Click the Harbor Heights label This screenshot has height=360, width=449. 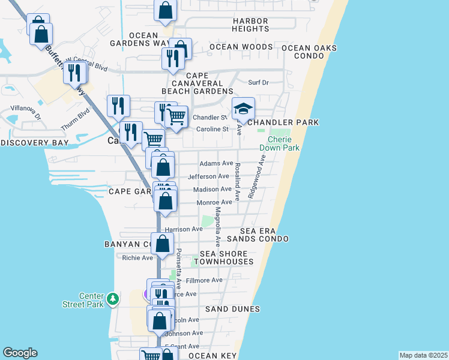(251, 25)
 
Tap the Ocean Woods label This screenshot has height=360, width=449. (241, 47)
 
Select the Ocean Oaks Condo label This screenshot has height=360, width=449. (309, 52)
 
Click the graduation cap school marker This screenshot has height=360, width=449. (243, 109)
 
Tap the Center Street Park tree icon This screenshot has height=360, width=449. (112, 298)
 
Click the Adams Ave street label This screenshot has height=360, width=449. (216, 163)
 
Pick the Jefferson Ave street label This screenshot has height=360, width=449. (208, 176)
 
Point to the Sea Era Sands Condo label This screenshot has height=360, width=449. (264, 235)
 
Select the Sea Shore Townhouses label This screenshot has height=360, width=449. (227, 258)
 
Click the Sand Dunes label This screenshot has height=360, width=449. (232, 309)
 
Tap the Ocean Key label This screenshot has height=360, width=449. (210, 356)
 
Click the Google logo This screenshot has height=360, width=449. (20, 353)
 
